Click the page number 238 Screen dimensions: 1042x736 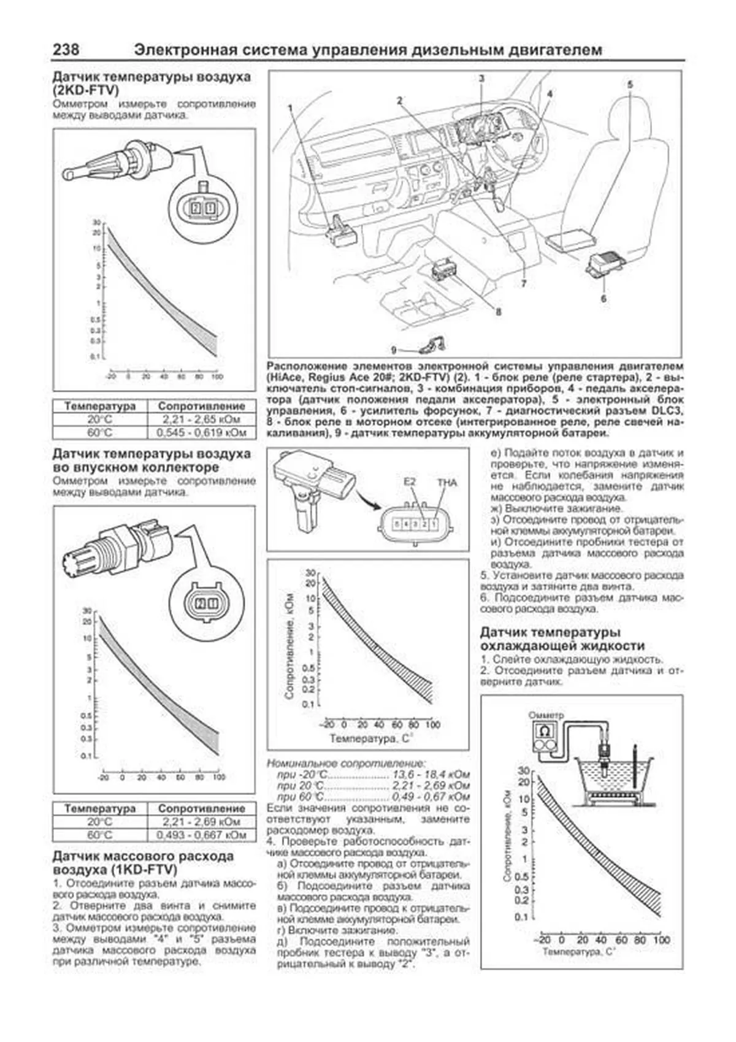coord(66,50)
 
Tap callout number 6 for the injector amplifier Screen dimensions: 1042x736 coord(604,299)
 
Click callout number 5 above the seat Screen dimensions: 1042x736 coord(630,85)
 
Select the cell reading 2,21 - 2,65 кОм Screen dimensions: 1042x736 coord(201,419)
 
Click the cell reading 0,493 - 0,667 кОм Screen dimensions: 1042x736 coord(201,835)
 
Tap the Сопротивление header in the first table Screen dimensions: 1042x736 coord(201,406)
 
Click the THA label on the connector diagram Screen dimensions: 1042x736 coord(447,483)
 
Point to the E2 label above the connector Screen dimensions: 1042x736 coord(410,482)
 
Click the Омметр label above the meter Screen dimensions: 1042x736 coord(546,715)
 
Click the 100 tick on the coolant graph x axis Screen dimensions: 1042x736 coord(661,940)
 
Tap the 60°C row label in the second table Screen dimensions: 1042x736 coord(100,835)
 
